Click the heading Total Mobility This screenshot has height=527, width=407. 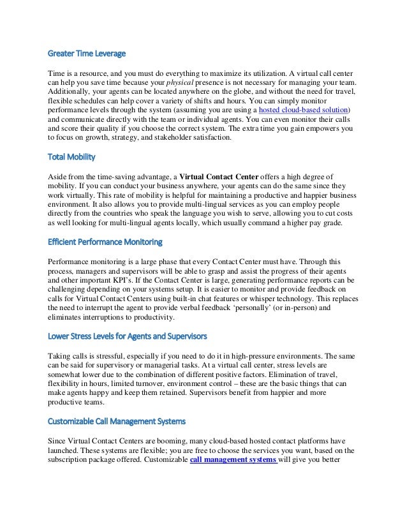pyautogui.click(x=73, y=155)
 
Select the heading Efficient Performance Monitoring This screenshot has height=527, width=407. pyautogui.click(x=105, y=242)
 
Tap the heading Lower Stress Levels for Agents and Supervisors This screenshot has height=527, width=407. pyautogui.click(x=127, y=336)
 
